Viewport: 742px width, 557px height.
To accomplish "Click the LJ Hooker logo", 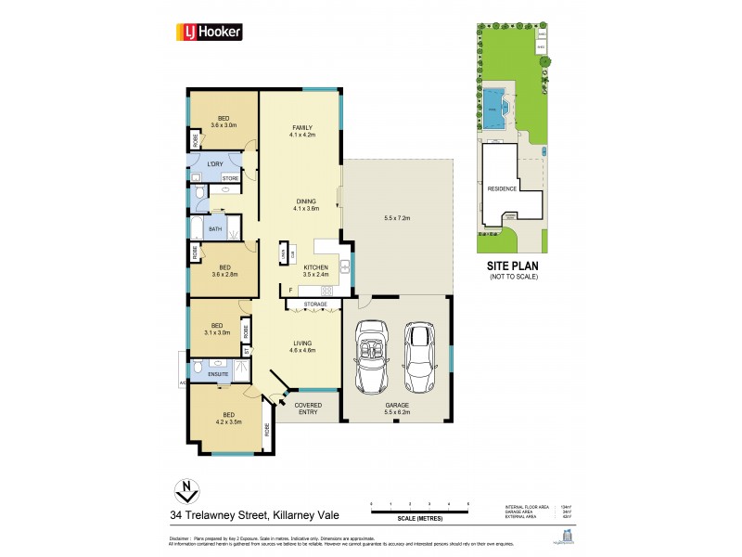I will (210, 32).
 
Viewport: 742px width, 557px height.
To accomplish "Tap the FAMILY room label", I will (302, 131).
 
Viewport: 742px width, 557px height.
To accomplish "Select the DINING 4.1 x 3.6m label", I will (305, 205).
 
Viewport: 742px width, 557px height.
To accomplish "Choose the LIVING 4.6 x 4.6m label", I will (302, 347).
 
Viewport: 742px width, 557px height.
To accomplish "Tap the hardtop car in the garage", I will (420, 356).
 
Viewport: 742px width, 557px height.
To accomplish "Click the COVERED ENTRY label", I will (306, 409).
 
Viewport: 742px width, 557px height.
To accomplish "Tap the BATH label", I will (215, 228).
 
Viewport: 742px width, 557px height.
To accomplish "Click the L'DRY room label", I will (214, 164).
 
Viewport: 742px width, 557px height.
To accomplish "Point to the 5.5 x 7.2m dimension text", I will (397, 218).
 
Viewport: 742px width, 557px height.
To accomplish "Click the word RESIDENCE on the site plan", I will (502, 188).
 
